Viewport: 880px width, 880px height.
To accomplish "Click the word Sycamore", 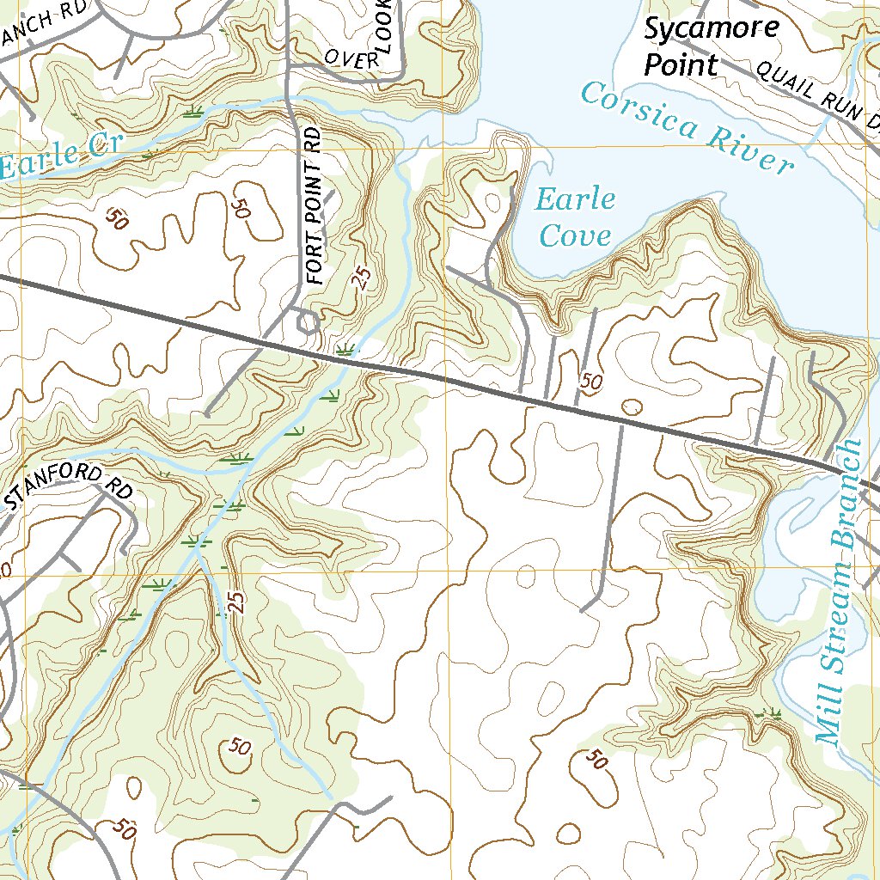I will coord(712,28).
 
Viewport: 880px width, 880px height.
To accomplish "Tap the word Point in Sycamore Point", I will coord(681,64).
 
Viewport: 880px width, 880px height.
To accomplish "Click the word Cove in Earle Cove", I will coord(575,235).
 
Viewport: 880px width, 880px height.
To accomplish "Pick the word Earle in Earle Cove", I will coord(575,200).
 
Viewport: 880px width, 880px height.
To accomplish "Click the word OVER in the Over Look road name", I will coord(352,58).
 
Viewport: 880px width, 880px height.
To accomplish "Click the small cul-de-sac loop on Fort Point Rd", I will coord(307,322).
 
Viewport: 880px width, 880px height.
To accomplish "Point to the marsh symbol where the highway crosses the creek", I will coord(345,350).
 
